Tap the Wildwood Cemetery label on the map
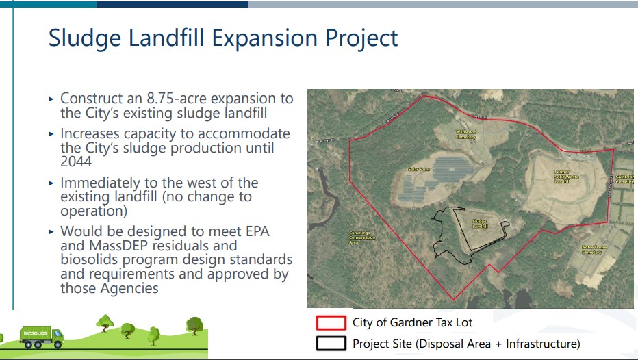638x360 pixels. click(467, 134)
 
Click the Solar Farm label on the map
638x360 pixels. click(418, 168)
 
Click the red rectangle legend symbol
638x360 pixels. click(331, 322)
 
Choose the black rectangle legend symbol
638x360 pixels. click(331, 343)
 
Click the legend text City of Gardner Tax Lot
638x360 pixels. click(412, 322)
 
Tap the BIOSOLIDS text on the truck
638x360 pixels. click(34, 333)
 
